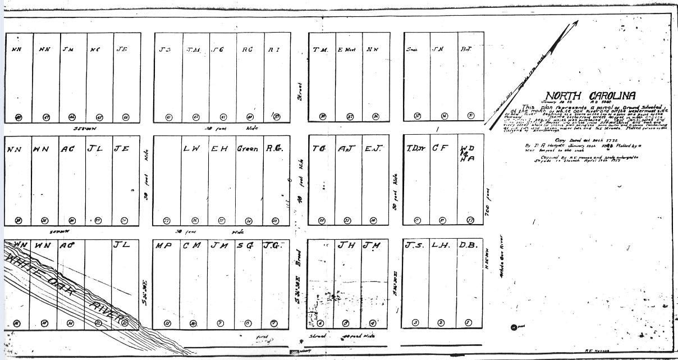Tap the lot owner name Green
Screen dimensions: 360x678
click(x=247, y=149)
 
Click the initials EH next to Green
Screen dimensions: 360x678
click(x=219, y=149)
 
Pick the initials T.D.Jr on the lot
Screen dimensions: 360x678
click(x=415, y=149)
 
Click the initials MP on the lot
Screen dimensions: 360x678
click(x=163, y=246)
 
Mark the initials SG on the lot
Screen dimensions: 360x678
click(x=245, y=246)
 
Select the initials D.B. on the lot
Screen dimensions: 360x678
click(x=468, y=245)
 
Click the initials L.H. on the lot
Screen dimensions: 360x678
click(x=440, y=245)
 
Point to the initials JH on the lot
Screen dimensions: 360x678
click(x=345, y=245)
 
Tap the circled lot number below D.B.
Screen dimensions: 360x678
click(x=468, y=322)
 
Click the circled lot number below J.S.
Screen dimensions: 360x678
click(x=415, y=322)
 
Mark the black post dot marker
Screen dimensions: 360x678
click(x=514, y=327)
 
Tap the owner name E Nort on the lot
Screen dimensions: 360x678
click(x=346, y=49)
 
